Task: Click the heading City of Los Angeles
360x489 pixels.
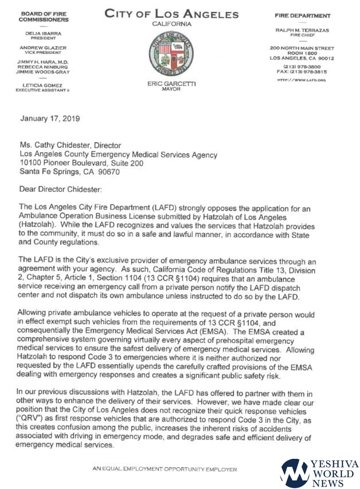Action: pos(171,14)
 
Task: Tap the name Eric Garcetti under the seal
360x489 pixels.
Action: pos(171,84)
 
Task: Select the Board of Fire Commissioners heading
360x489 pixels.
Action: pos(44,17)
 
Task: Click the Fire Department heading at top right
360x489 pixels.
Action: pos(302,15)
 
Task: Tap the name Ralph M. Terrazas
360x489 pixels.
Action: pos(302,31)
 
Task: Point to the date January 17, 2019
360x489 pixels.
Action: pos(50,119)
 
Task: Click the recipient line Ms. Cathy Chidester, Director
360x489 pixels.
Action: pos(70,145)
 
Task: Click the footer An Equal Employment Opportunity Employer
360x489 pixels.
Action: pos(165,469)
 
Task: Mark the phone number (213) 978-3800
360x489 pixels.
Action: pos(302,66)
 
